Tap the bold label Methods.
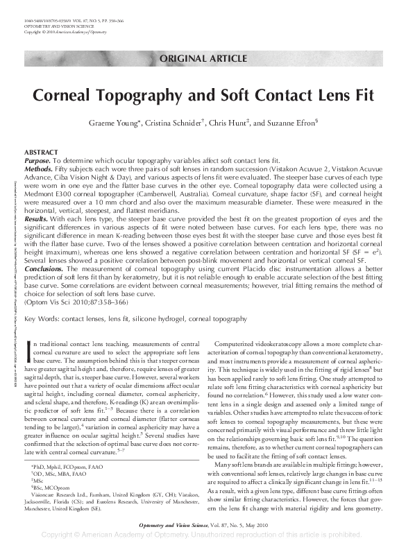(x=39, y=167)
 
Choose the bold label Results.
(x=37, y=218)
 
